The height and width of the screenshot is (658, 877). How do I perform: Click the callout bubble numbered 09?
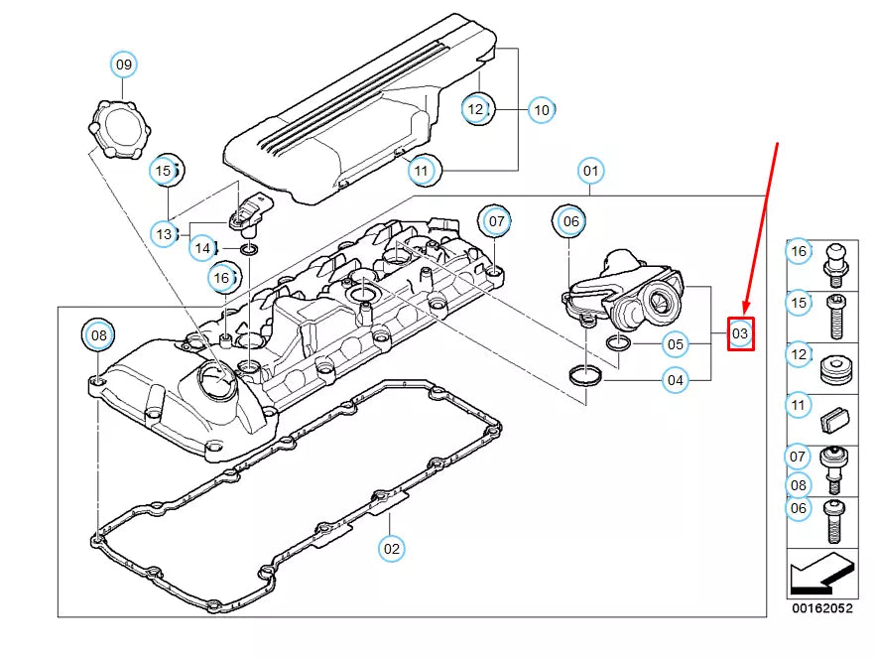tap(123, 66)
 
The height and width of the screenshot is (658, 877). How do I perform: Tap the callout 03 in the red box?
tap(740, 334)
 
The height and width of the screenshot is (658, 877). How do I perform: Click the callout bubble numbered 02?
tap(392, 547)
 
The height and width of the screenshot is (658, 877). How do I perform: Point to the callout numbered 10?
tap(541, 109)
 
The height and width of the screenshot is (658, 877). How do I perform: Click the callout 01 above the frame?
tap(591, 171)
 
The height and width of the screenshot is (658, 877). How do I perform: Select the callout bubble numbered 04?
tap(675, 379)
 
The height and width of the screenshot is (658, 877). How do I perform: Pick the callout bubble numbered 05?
tap(675, 345)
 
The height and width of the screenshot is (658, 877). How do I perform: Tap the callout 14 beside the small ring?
tap(202, 246)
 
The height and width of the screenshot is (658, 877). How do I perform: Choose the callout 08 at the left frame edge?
tap(99, 335)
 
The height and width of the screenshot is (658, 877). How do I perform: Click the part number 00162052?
tap(820, 608)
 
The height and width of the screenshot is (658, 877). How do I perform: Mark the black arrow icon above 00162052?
tap(820, 575)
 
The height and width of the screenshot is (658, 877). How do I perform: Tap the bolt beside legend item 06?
tap(833, 520)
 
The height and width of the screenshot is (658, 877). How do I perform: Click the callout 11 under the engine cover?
tap(422, 172)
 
